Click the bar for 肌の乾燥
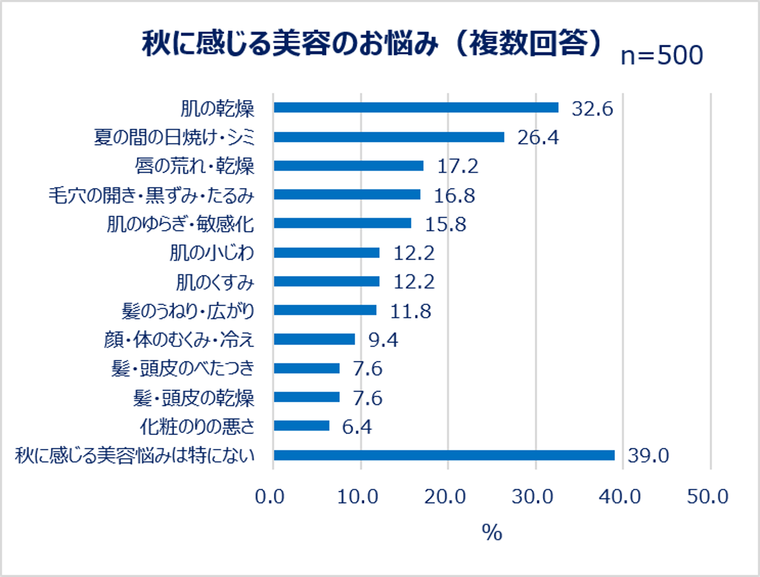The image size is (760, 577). [x=416, y=107]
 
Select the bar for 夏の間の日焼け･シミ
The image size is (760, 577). [x=389, y=137]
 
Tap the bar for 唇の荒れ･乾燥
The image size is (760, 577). [x=349, y=165]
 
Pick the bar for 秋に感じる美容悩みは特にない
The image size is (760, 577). [x=444, y=455]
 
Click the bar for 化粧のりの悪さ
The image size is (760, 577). [x=302, y=426]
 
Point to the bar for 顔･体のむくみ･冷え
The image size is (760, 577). [x=315, y=339]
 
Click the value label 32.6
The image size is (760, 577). [x=592, y=109]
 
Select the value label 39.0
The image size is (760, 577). [x=648, y=455]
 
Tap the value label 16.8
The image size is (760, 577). [x=454, y=196]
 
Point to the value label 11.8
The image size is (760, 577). [x=411, y=311]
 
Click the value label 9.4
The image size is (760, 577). [x=383, y=340]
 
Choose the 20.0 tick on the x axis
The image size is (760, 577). [x=445, y=497]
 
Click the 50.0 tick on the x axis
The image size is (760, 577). [x=707, y=497]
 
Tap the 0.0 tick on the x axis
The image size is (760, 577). [x=270, y=497]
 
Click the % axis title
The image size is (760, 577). [x=492, y=532]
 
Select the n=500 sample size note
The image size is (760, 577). [x=662, y=55]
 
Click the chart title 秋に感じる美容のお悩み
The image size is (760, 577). [x=291, y=43]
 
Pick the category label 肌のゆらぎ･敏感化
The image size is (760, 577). [x=181, y=224]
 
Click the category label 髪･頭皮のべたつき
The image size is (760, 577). [x=183, y=368]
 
